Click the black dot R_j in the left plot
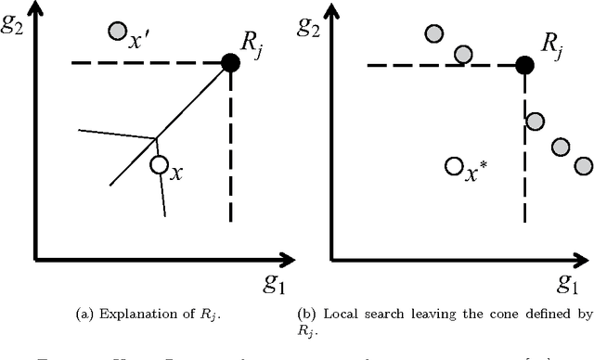[x=229, y=63]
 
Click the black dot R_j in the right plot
[x=524, y=65]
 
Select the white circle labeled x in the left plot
[x=159, y=165]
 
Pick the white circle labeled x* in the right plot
[x=454, y=166]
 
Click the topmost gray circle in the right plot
[x=434, y=34]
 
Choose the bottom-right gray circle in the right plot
[x=583, y=165]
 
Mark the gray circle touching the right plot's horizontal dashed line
[x=463, y=54]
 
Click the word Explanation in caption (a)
[x=123, y=313]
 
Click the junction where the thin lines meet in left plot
[x=155, y=138]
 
